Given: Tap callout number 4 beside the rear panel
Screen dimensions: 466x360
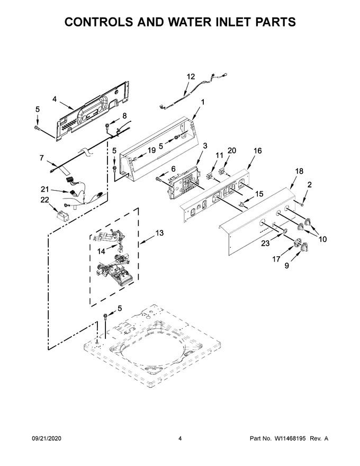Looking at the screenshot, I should (x=55, y=99).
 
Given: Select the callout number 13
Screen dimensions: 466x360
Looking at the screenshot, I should (x=159, y=232).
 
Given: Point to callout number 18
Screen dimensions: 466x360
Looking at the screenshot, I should (x=299, y=171).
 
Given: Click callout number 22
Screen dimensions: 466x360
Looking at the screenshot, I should (x=44, y=199).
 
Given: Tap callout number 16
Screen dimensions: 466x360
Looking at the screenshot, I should (x=257, y=151).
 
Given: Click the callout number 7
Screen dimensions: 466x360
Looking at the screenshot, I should (x=42, y=158).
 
